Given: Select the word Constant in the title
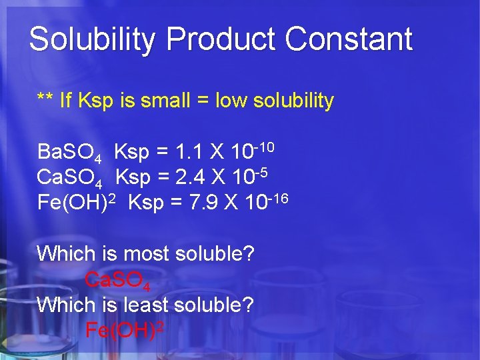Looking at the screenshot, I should (x=349, y=39).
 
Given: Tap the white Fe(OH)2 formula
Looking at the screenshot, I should (x=77, y=202).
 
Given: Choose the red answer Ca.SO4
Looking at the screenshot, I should (x=117, y=281).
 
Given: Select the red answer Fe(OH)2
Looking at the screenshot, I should (x=125, y=330).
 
